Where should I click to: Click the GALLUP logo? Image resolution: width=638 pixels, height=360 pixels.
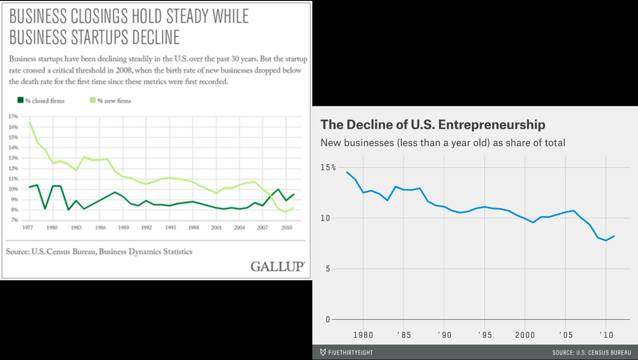(277, 267)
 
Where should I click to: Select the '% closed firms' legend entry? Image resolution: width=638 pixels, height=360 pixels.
(41, 101)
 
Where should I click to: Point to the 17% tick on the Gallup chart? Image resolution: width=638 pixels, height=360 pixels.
(13, 116)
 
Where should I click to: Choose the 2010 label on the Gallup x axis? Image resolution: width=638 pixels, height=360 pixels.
(286, 228)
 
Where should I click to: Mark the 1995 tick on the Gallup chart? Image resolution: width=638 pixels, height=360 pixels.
(169, 228)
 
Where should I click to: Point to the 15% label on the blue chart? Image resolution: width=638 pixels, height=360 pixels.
(328, 167)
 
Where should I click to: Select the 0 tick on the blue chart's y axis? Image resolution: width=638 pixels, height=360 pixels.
(328, 319)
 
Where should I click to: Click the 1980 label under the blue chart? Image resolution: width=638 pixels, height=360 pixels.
(363, 335)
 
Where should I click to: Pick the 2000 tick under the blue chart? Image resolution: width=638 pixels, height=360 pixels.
(525, 335)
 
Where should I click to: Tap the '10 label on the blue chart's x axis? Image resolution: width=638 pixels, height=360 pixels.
(605, 335)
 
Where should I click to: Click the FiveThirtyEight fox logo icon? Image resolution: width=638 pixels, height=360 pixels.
(323, 352)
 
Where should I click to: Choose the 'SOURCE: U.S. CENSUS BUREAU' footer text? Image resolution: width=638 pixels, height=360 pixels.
(591, 352)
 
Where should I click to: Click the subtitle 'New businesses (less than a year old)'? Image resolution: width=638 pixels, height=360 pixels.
(406, 143)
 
